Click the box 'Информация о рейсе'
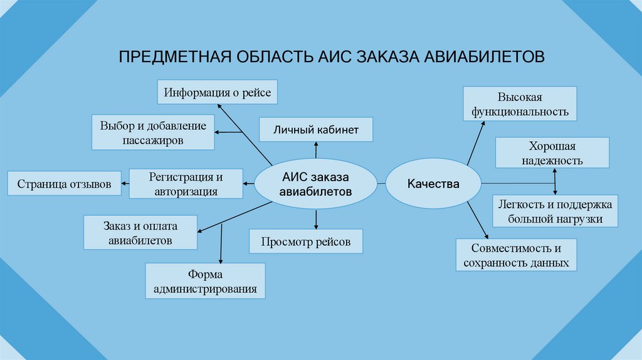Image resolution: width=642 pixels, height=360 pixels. point(218,93)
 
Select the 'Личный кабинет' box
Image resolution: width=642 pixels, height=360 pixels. point(316,129)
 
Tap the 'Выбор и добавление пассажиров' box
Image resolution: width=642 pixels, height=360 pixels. point(152,132)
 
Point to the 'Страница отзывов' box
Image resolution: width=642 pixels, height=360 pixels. point(64,184)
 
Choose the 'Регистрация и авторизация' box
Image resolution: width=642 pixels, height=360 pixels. point(186,184)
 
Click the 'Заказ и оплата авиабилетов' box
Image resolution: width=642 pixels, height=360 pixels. point(140,232)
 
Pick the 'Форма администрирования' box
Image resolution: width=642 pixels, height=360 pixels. point(205,281)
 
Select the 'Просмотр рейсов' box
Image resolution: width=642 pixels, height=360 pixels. point(305,241)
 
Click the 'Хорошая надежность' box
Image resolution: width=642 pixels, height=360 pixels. point(552,153)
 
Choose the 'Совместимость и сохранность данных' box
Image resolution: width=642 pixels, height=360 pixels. point(516,255)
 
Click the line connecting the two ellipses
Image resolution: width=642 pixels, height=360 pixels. point(381,183)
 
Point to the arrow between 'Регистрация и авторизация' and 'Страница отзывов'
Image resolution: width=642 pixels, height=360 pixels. point(124,184)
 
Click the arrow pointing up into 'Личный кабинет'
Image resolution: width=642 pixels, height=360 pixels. point(316,149)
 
